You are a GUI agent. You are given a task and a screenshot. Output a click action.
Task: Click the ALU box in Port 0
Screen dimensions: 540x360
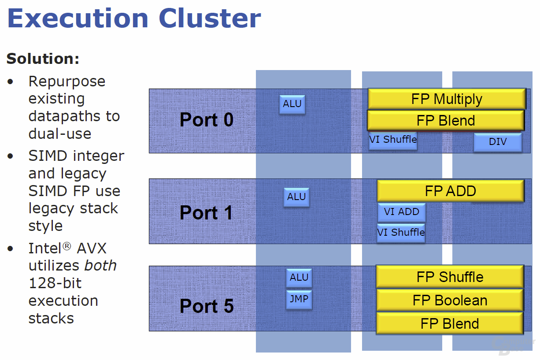click(x=292, y=104)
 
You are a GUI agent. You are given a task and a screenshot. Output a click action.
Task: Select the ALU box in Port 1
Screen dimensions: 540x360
click(x=296, y=197)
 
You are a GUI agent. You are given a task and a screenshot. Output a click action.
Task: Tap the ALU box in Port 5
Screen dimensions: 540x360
click(x=299, y=278)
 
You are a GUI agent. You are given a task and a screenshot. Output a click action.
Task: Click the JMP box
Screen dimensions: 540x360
click(x=299, y=300)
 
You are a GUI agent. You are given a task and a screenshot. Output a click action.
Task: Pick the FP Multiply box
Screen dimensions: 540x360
click(x=447, y=99)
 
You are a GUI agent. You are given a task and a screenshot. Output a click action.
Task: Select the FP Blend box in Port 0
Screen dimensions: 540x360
click(x=446, y=121)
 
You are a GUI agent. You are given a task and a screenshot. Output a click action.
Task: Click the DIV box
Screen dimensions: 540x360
click(x=498, y=142)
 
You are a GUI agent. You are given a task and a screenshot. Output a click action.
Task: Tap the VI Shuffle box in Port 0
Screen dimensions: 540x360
click(x=393, y=141)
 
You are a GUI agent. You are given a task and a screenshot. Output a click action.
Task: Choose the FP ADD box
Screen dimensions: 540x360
click(x=451, y=191)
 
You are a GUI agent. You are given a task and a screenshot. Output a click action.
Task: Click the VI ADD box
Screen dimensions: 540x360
click(x=401, y=212)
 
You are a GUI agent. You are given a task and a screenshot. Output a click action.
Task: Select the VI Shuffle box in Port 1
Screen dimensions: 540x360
click(x=401, y=233)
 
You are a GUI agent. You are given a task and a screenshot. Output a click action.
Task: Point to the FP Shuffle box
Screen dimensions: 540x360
click(x=450, y=277)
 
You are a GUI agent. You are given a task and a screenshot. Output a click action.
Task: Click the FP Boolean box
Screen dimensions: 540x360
click(x=450, y=301)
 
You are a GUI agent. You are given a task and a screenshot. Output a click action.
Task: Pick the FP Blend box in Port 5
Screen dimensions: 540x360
click(x=450, y=323)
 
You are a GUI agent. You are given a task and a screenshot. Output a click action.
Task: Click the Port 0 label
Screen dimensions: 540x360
click(x=207, y=119)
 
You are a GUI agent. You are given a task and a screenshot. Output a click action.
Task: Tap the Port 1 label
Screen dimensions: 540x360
click(x=206, y=213)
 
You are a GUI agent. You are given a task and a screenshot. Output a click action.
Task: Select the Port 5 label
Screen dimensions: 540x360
click(x=207, y=306)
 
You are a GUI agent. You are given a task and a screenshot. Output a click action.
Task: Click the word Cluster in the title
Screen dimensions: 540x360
click(x=210, y=19)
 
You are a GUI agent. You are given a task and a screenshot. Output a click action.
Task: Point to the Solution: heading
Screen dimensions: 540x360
click(x=43, y=59)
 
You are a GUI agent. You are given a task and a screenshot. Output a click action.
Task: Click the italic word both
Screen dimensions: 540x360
click(x=100, y=265)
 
